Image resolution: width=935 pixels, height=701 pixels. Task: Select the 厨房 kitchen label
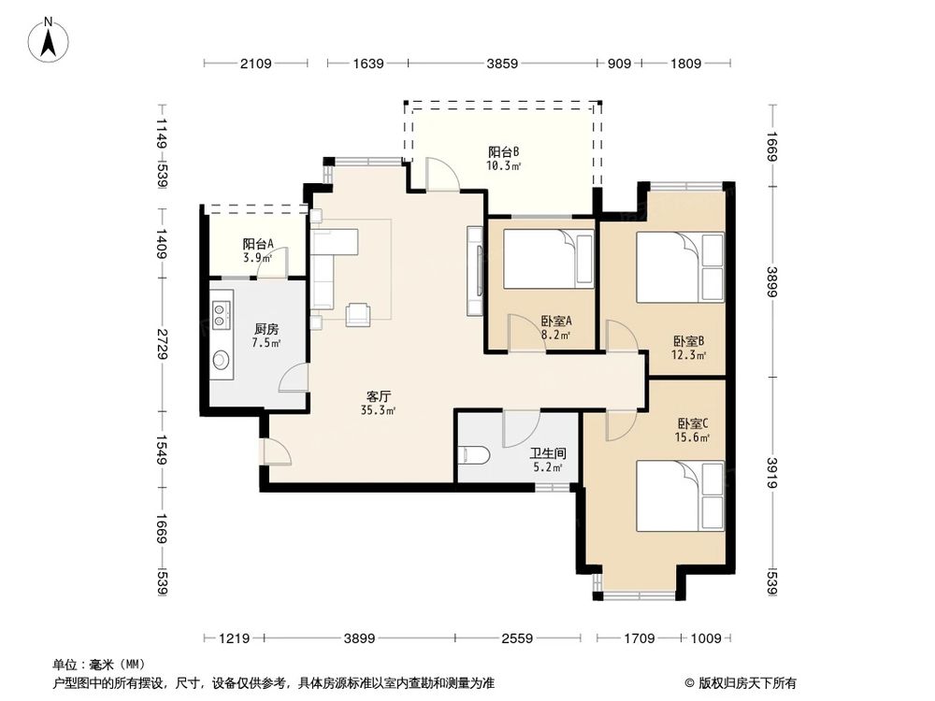(266, 329)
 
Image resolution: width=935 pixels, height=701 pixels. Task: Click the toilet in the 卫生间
(475, 455)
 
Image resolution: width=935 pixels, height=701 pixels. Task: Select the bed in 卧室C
(680, 495)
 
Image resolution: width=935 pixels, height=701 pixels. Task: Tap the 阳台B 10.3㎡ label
(503, 158)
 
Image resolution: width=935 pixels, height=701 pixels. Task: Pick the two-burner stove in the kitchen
(222, 313)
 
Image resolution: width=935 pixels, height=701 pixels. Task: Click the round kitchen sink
(222, 358)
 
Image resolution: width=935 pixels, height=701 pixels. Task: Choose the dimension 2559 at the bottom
(516, 638)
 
